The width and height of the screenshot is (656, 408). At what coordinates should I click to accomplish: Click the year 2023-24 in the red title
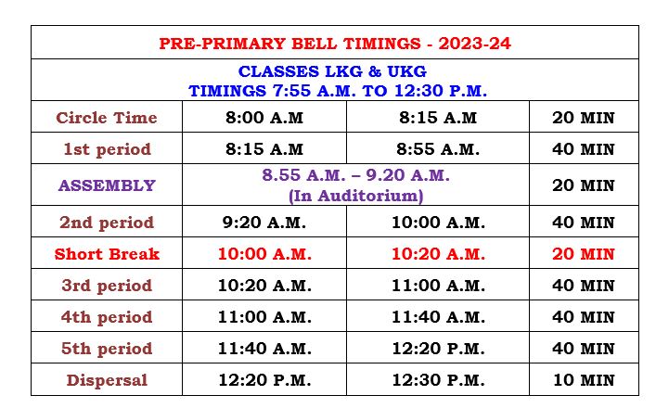pyautogui.click(x=474, y=44)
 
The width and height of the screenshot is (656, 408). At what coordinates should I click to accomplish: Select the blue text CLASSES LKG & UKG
pyautogui.click(x=332, y=71)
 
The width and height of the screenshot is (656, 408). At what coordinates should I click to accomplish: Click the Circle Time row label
pyautogui.click(x=107, y=118)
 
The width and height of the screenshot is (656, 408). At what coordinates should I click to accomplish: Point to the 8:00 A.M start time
pyautogui.click(x=264, y=118)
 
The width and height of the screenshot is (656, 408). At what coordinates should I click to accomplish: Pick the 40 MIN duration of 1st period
pyautogui.click(x=584, y=149)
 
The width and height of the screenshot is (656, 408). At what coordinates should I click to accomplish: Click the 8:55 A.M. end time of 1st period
pyautogui.click(x=438, y=149)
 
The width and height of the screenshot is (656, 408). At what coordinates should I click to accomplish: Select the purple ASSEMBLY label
pyautogui.click(x=107, y=185)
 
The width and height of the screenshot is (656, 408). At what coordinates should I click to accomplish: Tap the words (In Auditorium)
pyautogui.click(x=356, y=196)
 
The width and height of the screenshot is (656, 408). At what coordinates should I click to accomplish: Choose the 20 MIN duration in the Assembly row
pyautogui.click(x=584, y=185)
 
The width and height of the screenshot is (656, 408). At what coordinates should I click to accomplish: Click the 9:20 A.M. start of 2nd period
pyautogui.click(x=264, y=223)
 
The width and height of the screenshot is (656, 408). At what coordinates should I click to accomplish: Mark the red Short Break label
pyautogui.click(x=107, y=254)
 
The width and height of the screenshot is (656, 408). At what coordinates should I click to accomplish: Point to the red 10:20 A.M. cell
pyautogui.click(x=438, y=254)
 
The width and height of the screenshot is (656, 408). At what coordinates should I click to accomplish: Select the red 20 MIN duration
pyautogui.click(x=584, y=254)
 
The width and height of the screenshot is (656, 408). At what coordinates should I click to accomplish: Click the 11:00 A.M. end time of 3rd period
pyautogui.click(x=438, y=286)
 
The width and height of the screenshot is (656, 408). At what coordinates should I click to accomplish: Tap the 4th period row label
pyautogui.click(x=107, y=317)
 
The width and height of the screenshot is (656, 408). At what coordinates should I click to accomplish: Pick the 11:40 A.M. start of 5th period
pyautogui.click(x=264, y=349)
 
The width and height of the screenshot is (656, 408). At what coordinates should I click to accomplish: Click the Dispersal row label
pyautogui.click(x=107, y=380)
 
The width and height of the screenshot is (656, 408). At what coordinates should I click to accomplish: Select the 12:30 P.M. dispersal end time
pyautogui.click(x=438, y=380)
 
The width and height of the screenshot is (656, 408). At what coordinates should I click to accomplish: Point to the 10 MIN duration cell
pyautogui.click(x=584, y=380)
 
